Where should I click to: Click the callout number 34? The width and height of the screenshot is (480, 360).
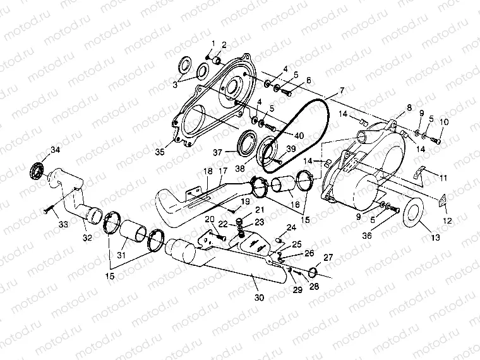pyautogui.click(x=56, y=150)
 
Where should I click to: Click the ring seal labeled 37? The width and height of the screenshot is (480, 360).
pyautogui.click(x=243, y=143)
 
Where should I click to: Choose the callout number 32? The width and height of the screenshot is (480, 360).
pyautogui.click(x=87, y=237)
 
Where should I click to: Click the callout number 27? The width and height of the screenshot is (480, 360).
pyautogui.click(x=328, y=257)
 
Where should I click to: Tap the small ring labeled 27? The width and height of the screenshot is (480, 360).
pyautogui.click(x=312, y=272)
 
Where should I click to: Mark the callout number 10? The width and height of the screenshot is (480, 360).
pyautogui.click(x=444, y=121)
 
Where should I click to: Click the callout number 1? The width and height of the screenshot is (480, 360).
pyautogui.click(x=213, y=43)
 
